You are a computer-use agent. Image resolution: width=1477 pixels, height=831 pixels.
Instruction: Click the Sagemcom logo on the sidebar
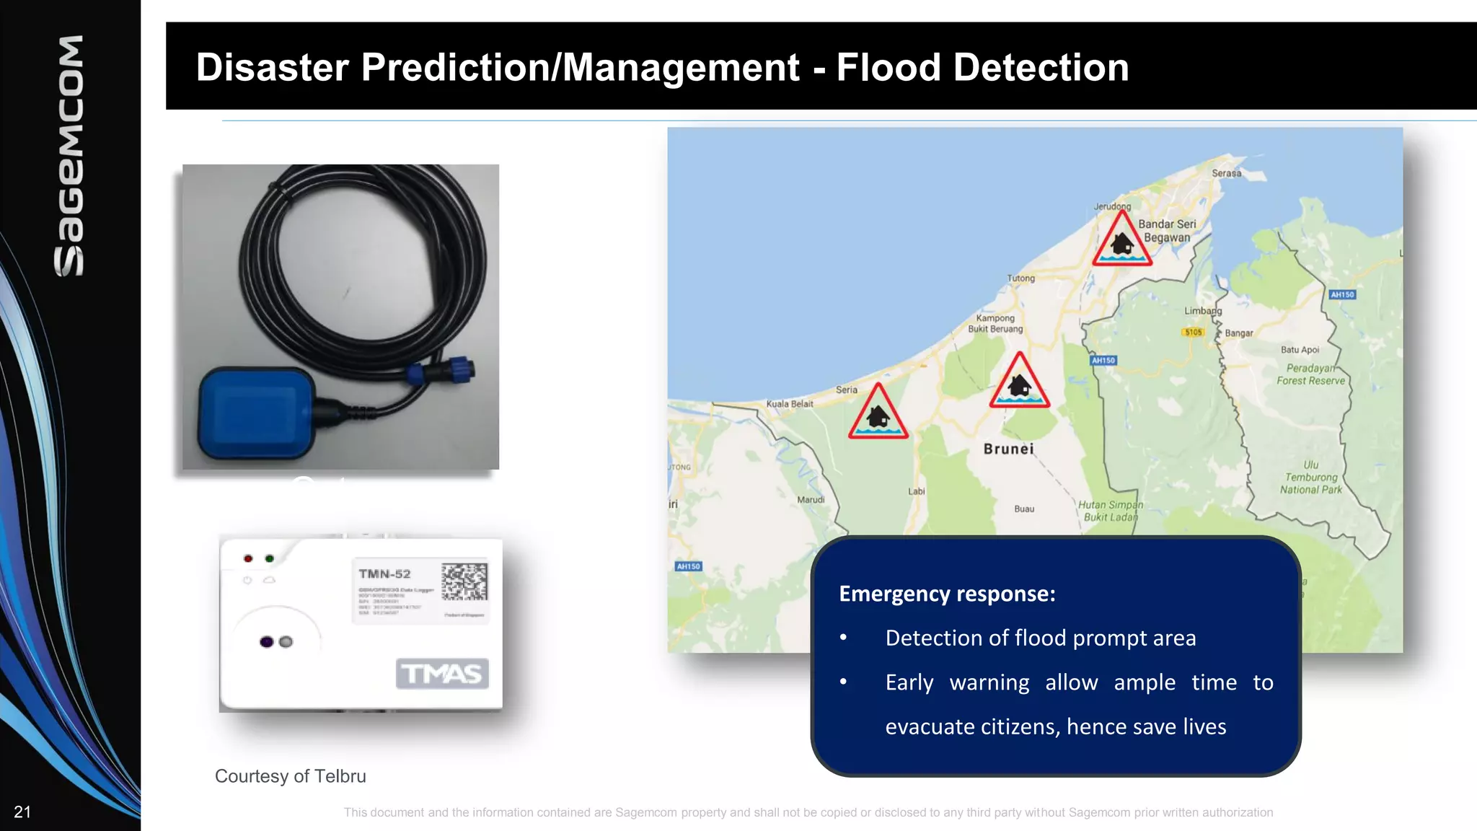click(x=69, y=155)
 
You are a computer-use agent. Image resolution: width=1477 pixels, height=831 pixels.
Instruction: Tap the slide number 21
click(x=22, y=812)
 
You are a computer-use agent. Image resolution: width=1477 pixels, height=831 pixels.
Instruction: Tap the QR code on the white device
click(x=464, y=582)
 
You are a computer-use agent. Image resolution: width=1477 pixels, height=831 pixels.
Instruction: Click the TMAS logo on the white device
click(x=442, y=674)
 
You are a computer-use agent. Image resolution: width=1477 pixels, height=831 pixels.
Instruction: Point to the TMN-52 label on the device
click(x=384, y=574)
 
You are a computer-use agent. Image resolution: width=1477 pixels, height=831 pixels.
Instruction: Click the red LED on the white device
click(x=248, y=558)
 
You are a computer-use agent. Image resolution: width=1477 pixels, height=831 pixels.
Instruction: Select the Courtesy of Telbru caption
click(x=291, y=776)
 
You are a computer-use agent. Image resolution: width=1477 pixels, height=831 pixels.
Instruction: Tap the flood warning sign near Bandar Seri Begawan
click(x=1121, y=241)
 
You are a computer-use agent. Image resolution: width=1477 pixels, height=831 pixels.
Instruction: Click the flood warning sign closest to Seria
click(x=878, y=413)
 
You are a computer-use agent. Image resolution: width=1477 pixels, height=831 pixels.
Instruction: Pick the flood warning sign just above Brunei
click(x=1019, y=382)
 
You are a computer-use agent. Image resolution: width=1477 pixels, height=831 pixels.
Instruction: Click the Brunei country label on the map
click(x=1008, y=449)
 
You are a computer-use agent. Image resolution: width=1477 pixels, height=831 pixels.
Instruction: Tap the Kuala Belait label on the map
click(x=789, y=404)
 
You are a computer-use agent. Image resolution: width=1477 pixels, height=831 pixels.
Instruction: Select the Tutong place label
click(x=1020, y=278)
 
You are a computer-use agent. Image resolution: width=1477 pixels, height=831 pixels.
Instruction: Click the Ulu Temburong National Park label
click(x=1311, y=478)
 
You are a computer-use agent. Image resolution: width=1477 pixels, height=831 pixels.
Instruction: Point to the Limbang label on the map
click(x=1202, y=311)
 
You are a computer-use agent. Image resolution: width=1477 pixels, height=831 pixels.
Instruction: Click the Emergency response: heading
click(x=947, y=594)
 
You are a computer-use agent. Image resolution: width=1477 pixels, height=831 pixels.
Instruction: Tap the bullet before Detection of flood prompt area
click(x=843, y=638)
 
